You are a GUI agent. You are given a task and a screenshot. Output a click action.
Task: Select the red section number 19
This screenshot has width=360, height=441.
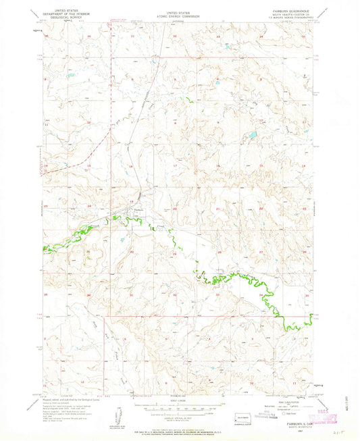[131, 202]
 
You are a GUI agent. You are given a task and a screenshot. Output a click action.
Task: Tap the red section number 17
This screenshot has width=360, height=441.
[174, 164]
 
